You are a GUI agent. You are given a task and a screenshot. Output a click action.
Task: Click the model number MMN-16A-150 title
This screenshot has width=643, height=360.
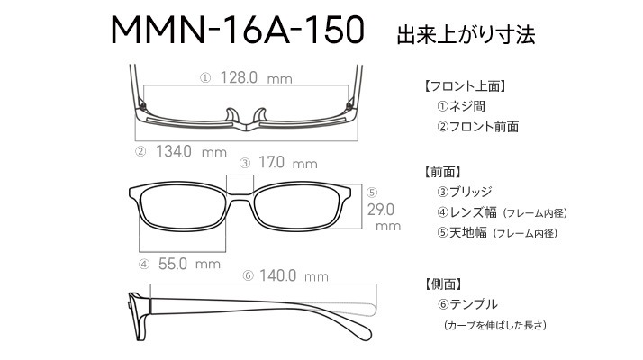238,30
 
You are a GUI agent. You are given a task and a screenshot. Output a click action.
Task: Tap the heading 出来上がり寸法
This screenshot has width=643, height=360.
466,35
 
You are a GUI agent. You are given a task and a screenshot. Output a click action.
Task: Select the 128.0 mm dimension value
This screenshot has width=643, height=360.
257,77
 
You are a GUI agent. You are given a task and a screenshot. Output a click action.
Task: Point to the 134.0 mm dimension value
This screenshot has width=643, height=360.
191,152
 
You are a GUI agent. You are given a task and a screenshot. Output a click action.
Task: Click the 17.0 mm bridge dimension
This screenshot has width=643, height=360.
288,162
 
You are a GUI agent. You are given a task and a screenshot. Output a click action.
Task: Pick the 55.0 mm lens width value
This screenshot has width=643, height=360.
189,264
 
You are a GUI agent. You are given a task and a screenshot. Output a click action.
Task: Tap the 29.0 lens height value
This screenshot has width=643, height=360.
381,210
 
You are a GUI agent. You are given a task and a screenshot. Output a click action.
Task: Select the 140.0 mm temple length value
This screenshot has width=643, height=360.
294,275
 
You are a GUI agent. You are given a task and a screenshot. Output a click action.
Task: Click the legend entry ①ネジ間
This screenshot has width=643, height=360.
461,106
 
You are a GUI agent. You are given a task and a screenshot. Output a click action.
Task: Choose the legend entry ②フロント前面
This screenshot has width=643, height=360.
477,127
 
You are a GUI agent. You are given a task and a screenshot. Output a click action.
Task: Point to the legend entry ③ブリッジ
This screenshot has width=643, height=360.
464,192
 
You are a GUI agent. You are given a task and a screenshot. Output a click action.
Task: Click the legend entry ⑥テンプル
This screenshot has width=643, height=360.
467,304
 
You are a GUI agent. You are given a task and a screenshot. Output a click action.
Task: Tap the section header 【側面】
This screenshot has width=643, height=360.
443,283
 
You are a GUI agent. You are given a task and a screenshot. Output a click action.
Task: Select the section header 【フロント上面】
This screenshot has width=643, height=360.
466,86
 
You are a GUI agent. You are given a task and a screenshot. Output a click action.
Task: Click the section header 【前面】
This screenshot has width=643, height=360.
443,172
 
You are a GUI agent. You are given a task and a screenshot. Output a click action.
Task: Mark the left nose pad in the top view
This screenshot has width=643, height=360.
232,115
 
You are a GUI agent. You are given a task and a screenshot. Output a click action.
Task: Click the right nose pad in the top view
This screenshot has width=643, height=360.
260,115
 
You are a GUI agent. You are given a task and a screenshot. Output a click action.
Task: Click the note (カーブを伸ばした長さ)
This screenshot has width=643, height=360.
495,326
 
